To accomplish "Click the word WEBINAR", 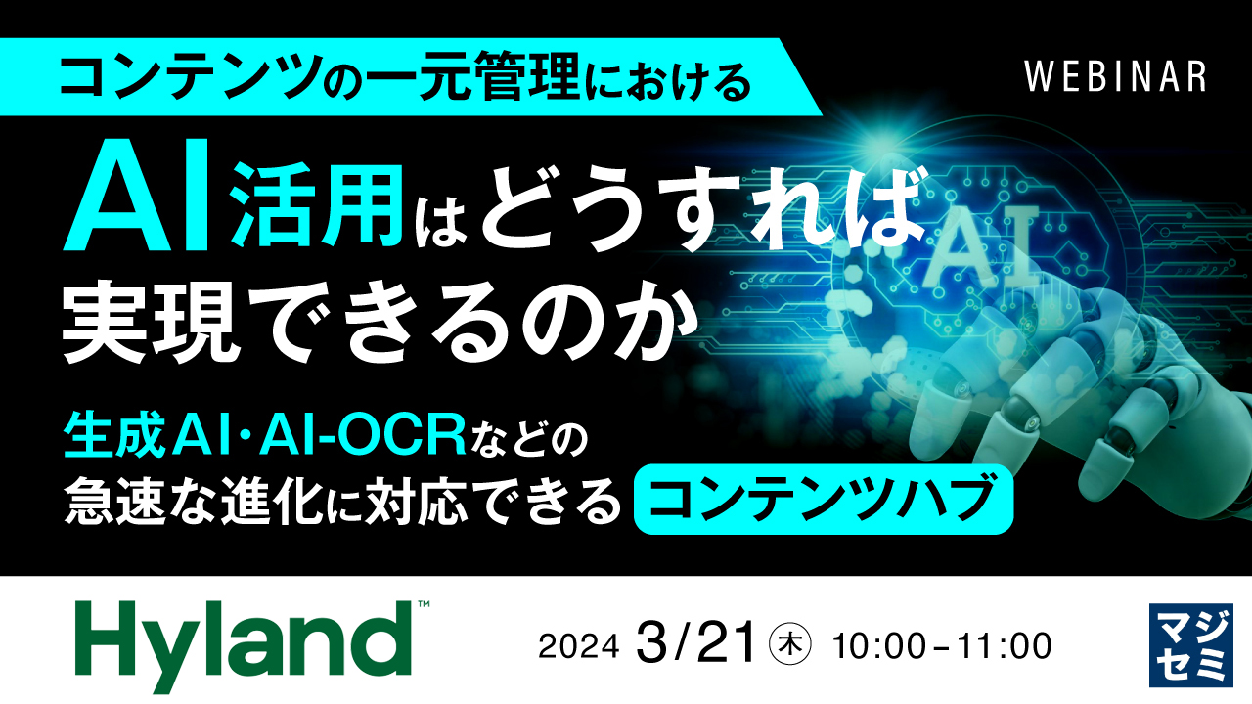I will [x=1115, y=77].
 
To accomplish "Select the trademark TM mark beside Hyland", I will [x=424, y=607].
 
